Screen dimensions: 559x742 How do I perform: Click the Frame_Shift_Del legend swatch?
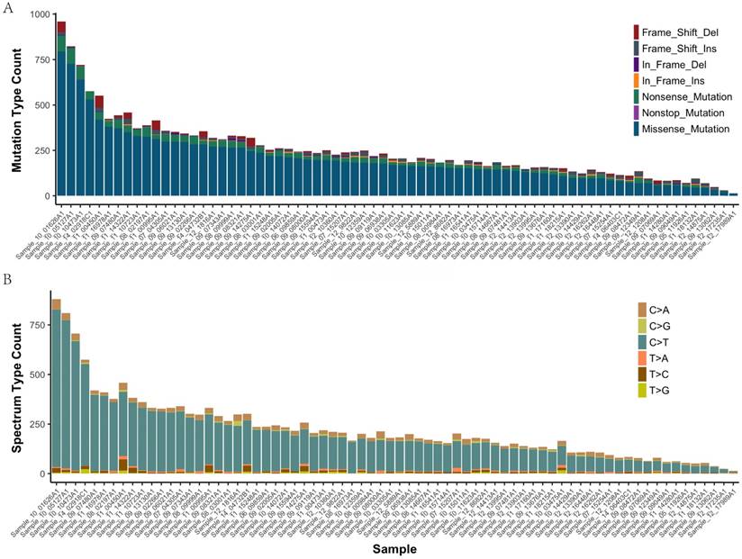637,32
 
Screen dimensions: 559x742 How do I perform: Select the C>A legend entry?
655,309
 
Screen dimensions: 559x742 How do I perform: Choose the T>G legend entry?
655,389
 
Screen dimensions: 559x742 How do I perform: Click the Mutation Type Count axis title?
15,104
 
